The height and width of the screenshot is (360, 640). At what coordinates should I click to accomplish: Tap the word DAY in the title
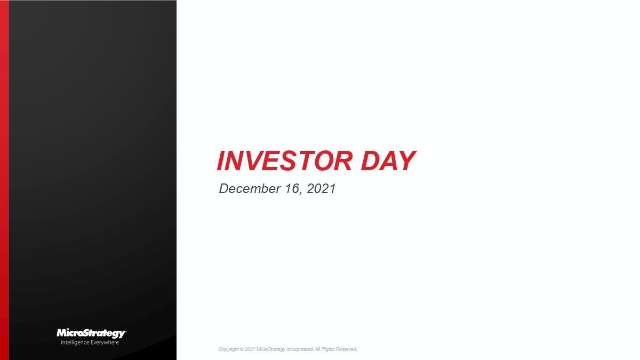(388, 161)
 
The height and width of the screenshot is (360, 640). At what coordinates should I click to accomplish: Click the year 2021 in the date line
(322, 189)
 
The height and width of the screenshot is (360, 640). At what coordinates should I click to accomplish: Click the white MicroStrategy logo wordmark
(91, 333)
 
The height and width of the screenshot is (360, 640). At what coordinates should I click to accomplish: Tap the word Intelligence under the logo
(75, 342)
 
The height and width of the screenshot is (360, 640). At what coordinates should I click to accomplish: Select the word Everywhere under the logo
(104, 342)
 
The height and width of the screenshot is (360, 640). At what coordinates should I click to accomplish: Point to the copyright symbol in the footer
(241, 349)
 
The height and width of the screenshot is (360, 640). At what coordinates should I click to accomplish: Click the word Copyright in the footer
(228, 349)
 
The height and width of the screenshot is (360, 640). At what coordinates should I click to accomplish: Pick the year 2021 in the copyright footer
(250, 349)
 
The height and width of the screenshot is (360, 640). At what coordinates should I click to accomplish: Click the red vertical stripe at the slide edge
(4, 180)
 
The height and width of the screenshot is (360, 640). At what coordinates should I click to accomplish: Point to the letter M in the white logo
(62, 333)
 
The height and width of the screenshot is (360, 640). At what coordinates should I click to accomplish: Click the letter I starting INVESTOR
(220, 161)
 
